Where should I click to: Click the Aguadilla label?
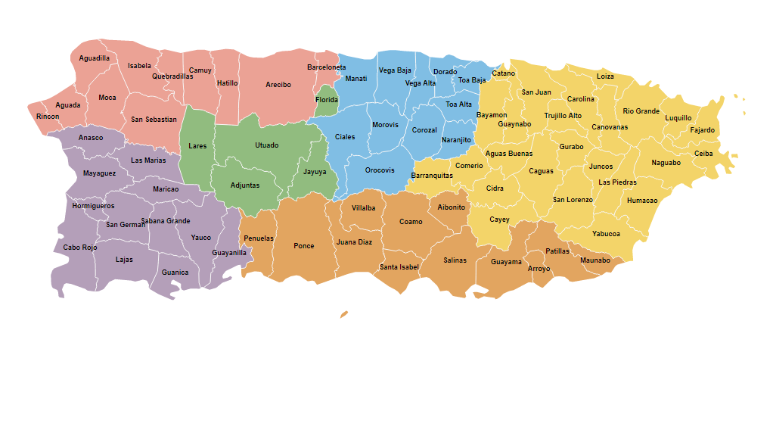[95, 58]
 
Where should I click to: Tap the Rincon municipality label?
[47, 117]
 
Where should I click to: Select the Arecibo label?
[278, 85]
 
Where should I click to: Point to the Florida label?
[327, 100]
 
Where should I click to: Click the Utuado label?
[266, 145]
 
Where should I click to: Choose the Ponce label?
[303, 246]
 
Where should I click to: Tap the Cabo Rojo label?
[80, 248]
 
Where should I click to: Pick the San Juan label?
[536, 92]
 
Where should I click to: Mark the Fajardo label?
[702, 130]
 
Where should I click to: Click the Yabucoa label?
[606, 234]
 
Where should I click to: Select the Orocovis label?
[380, 170]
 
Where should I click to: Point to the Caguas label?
[541, 171]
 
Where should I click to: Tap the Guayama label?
[506, 262]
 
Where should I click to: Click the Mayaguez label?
[99, 173]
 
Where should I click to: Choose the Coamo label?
[411, 222]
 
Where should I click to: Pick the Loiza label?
[605, 76]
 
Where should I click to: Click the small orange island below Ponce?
[344, 313]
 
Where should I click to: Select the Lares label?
[197, 146]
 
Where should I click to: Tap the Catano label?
[503, 73]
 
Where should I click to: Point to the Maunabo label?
[594, 260]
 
